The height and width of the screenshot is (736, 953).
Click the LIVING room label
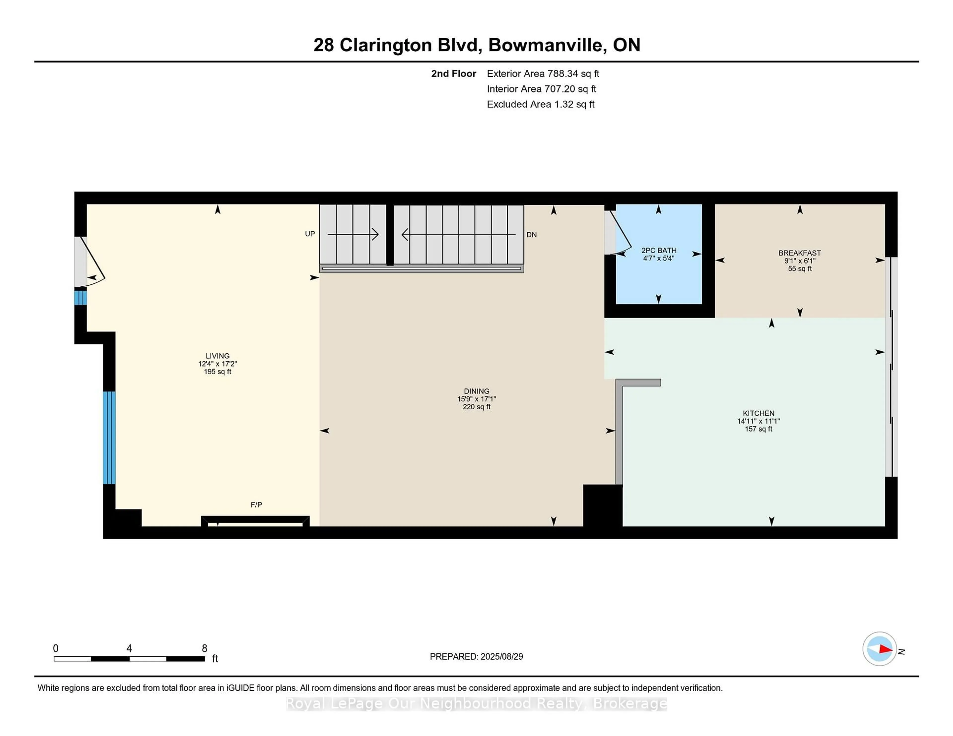[217, 356]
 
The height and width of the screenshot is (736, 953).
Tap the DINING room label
[476, 391]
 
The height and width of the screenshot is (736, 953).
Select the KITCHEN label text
[758, 413]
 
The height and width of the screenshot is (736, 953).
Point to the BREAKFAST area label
[799, 253]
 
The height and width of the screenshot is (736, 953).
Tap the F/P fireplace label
[256, 504]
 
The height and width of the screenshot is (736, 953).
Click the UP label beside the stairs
[310, 234]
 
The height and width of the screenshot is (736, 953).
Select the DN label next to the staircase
[532, 235]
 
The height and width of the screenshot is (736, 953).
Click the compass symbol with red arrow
[879, 649]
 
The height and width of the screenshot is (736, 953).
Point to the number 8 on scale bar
[204, 648]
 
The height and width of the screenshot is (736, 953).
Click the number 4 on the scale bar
[129, 648]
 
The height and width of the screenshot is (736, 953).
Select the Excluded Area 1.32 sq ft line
[540, 104]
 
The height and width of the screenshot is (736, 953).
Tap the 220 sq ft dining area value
[476, 407]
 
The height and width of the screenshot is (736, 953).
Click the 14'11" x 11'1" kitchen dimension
[758, 421]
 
